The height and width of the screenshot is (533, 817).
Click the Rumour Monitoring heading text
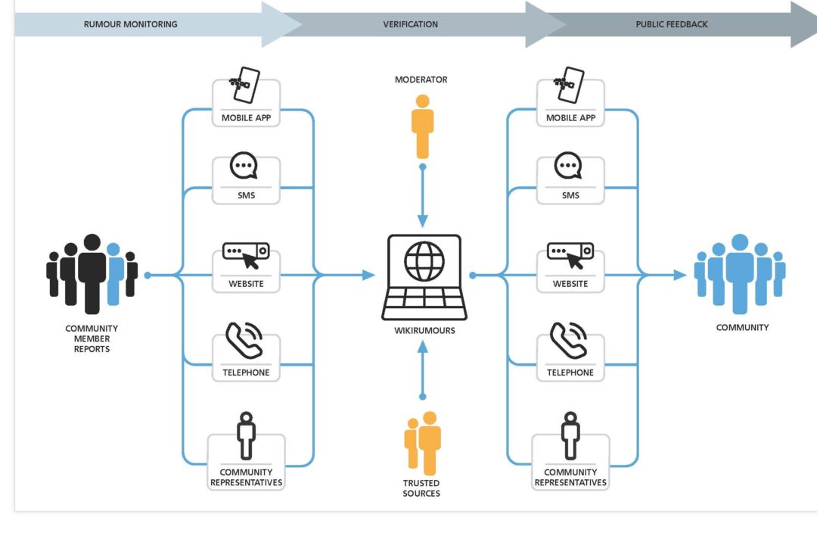coord(130,24)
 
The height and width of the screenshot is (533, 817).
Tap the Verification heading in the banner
coord(410,24)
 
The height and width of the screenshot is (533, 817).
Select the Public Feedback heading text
coord(672,24)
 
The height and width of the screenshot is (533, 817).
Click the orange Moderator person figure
coord(422,126)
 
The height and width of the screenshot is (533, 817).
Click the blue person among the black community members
coord(113,273)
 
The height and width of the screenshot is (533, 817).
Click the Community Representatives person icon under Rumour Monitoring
coord(245,435)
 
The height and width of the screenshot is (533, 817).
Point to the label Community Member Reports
coord(92,338)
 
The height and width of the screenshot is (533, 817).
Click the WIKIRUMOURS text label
coord(424,331)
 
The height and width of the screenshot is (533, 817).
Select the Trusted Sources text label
coord(422,488)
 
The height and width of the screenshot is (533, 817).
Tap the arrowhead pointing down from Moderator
coord(423,220)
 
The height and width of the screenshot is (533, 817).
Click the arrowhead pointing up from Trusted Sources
coord(423,348)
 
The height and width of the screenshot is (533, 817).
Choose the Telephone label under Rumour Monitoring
coord(246,372)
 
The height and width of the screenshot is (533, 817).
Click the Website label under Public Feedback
coord(570,284)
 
